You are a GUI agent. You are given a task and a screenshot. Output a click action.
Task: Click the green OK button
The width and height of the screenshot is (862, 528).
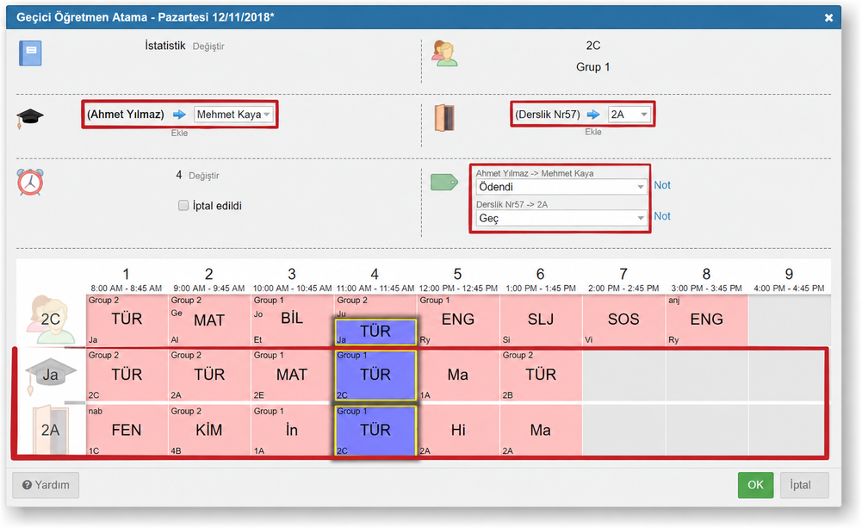click(x=755, y=485)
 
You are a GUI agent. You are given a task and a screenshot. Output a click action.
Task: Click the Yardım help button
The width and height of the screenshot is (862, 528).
click(x=46, y=485)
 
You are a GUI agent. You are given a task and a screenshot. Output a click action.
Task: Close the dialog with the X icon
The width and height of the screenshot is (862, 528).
click(x=828, y=17)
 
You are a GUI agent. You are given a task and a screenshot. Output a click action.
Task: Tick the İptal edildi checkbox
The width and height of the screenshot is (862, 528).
click(x=183, y=205)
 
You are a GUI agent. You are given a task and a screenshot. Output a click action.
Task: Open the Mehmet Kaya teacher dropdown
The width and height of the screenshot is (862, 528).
click(x=233, y=115)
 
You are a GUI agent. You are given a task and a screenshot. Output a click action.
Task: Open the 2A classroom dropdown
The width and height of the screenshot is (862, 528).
click(x=629, y=115)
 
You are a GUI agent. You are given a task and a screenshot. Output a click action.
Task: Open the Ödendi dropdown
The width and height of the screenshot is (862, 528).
click(x=561, y=187)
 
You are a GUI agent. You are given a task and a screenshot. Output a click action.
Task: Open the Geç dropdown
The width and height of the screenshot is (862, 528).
click(x=561, y=219)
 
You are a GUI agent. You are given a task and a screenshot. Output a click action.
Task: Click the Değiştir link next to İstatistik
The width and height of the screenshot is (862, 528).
click(x=208, y=47)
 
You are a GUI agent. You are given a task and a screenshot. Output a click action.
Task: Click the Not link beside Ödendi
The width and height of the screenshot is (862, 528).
click(x=662, y=185)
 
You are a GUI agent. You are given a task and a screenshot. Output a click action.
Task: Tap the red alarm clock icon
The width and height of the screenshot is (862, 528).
click(x=30, y=182)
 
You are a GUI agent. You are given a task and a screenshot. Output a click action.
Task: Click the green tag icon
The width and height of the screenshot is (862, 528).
click(x=444, y=182)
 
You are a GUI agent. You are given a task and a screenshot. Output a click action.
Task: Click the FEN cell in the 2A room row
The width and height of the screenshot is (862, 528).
click(x=127, y=431)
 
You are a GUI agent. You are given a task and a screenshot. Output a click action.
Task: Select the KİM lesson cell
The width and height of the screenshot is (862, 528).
click(x=209, y=431)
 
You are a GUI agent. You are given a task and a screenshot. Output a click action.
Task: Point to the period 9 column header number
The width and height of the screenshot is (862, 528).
click(x=789, y=274)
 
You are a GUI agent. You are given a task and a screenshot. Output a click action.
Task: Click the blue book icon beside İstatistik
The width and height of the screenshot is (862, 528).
click(x=30, y=53)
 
